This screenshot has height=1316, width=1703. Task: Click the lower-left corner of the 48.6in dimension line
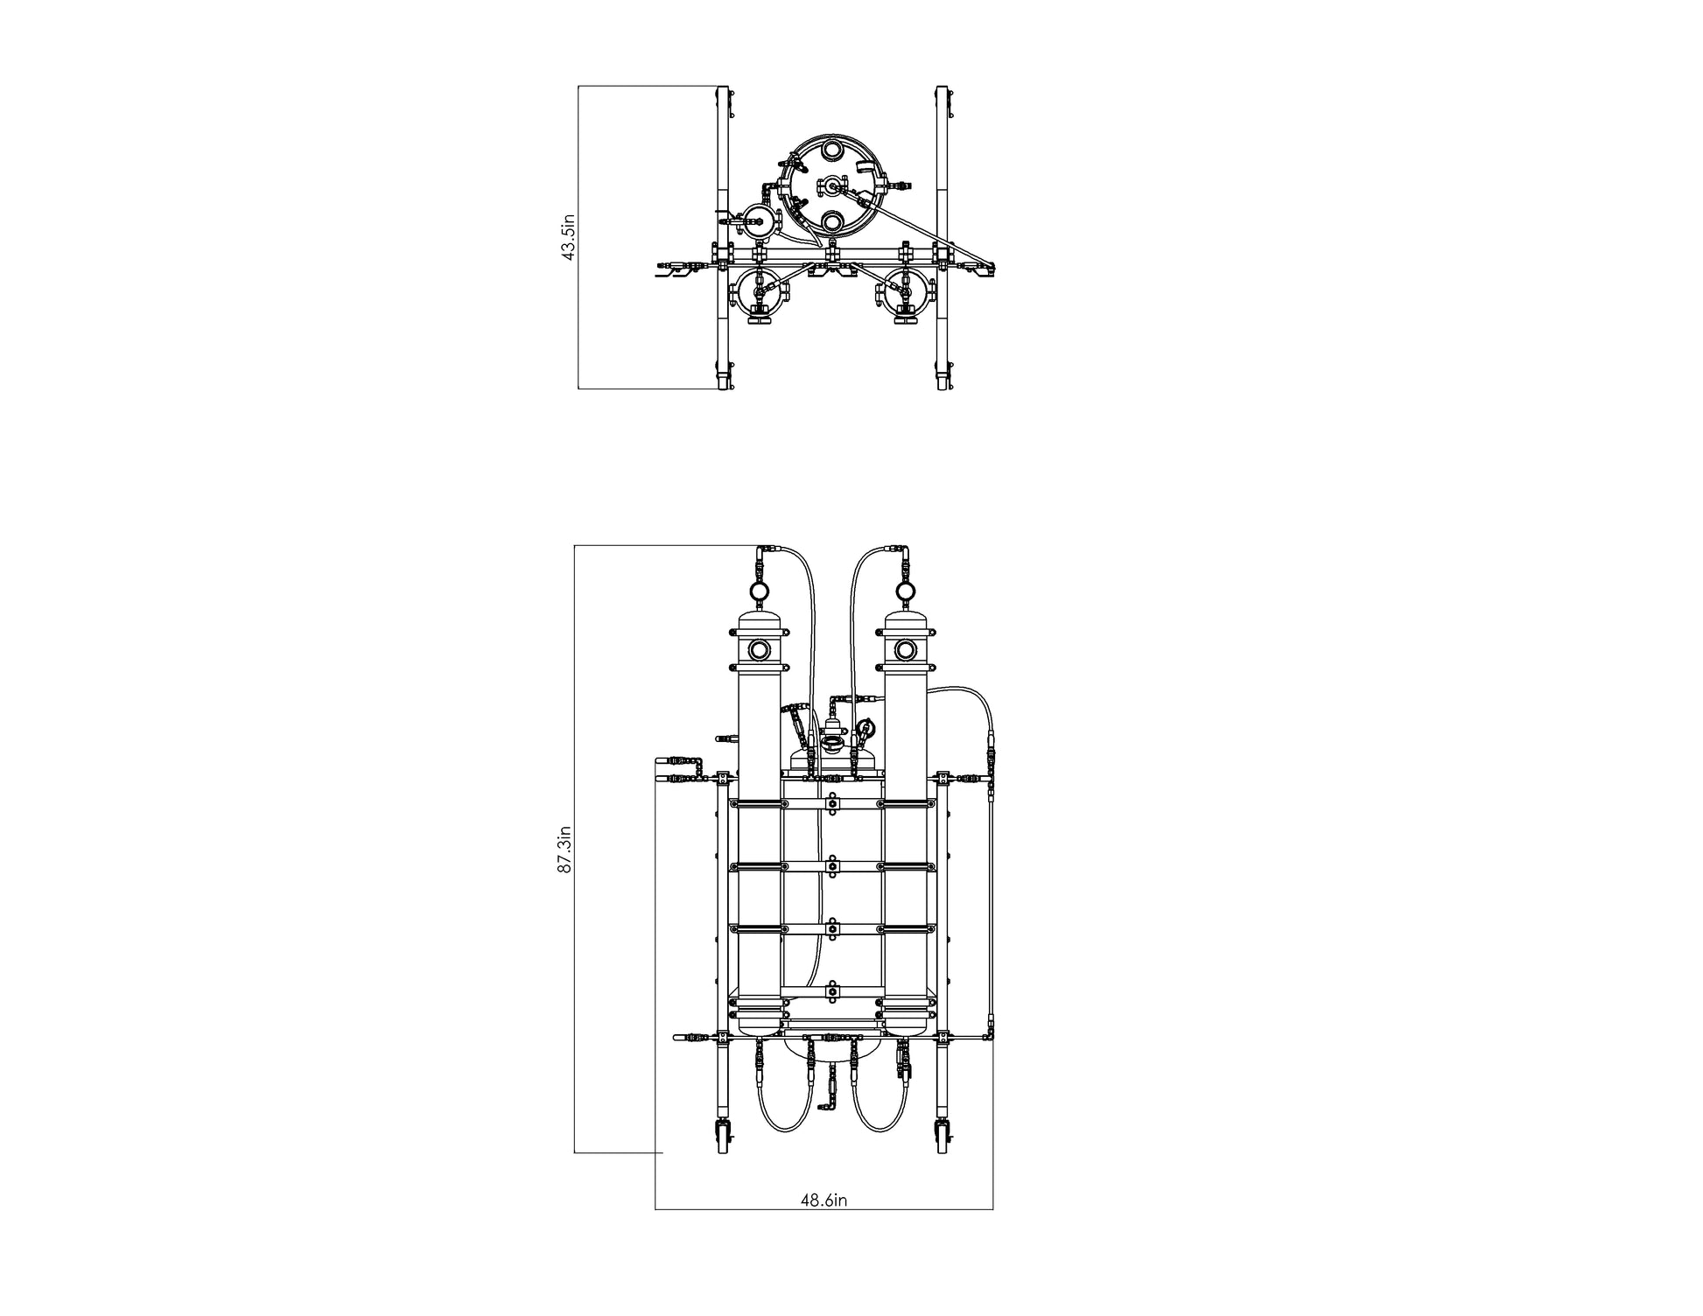(655, 1209)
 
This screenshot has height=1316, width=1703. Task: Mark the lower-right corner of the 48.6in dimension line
(992, 1209)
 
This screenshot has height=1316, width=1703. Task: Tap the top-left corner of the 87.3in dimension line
(574, 545)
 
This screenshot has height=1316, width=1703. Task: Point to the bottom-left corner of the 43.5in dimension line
(578, 388)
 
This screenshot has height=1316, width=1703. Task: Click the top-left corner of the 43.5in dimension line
(578, 86)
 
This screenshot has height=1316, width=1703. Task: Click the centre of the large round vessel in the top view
(828, 186)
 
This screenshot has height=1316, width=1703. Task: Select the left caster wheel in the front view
(723, 1138)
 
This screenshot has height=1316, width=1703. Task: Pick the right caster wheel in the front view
(943, 1138)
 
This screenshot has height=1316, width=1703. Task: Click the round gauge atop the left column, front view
(760, 591)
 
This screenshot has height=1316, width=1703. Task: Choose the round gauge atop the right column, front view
(906, 591)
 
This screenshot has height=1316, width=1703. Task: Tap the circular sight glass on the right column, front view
(906, 650)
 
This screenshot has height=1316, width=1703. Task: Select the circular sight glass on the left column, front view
(760, 650)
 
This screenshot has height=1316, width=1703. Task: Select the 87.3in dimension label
(565, 850)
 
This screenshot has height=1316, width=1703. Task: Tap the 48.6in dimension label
(823, 1200)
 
